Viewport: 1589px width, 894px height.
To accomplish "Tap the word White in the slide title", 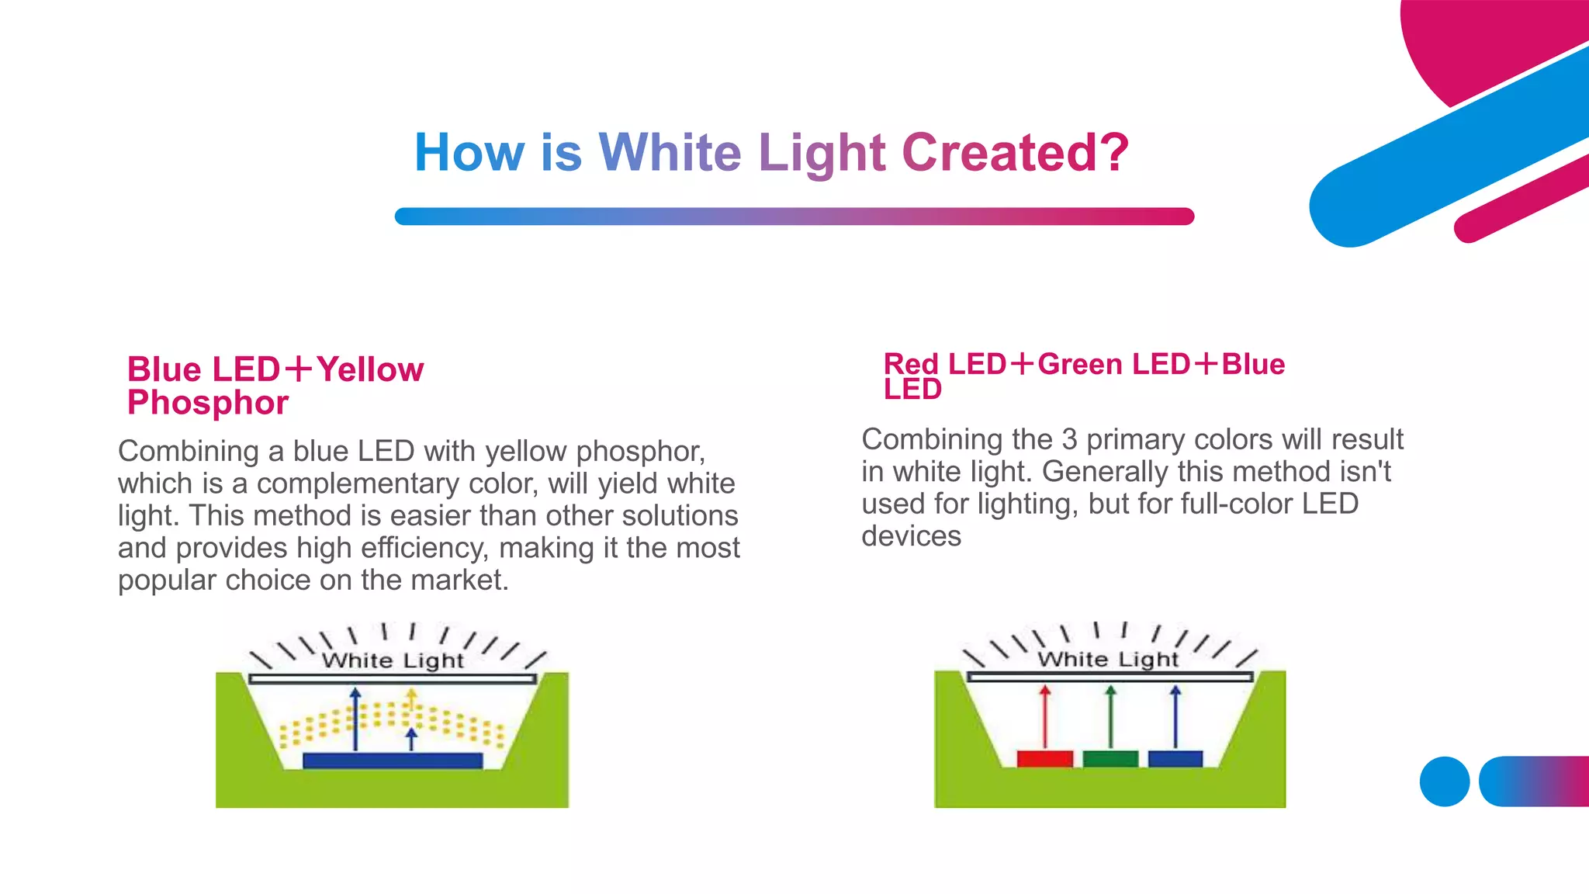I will (670, 152).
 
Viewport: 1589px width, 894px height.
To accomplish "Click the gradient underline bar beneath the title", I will (794, 217).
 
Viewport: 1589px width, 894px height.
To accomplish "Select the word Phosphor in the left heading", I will (208, 403).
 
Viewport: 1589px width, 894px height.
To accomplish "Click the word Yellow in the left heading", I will (370, 369).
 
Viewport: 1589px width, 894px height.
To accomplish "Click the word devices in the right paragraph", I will (911, 536).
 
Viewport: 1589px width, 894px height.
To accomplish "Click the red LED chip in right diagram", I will (1044, 758).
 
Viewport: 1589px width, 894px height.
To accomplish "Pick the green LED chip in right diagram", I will (1110, 758).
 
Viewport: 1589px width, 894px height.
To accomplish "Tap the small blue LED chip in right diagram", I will (1175, 758).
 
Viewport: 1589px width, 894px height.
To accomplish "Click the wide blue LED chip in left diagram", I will (393, 761).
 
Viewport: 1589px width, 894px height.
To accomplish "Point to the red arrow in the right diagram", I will (1045, 718).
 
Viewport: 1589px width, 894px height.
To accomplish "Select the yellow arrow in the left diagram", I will (411, 702).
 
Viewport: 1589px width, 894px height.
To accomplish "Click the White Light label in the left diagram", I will (393, 660).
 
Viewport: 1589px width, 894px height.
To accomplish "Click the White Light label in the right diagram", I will (1108, 660).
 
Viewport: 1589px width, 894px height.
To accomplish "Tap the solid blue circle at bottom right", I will (1445, 781).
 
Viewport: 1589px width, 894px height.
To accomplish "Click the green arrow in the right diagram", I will (1111, 718).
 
